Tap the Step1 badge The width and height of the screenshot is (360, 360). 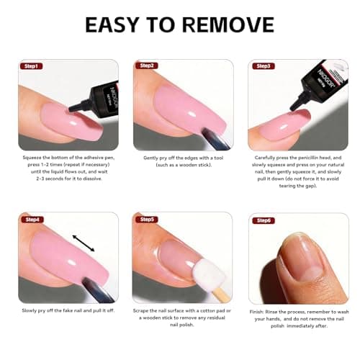(x=32, y=66)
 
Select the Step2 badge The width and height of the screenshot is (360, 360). (x=147, y=66)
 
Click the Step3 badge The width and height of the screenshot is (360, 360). (x=262, y=66)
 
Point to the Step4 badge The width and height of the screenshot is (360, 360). (x=32, y=220)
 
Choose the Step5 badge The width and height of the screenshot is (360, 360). (x=147, y=220)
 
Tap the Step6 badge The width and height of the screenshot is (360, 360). (x=262, y=220)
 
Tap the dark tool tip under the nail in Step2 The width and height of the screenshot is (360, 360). (x=196, y=133)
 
